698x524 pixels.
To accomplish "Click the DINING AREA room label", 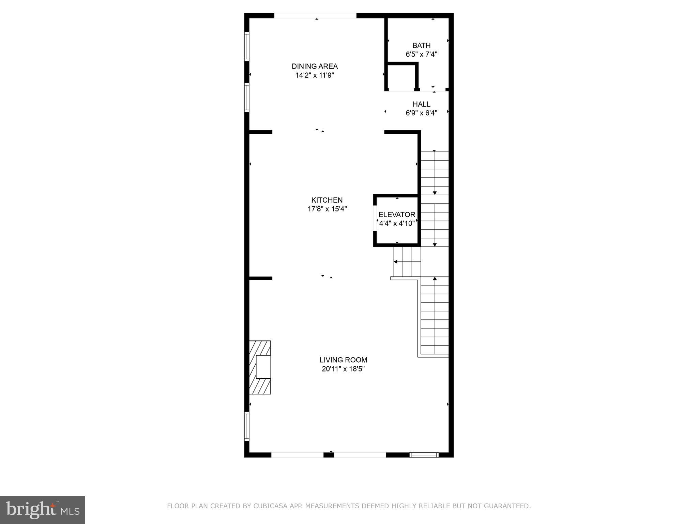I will (x=315, y=66).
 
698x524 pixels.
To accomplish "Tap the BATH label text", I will (x=421, y=45).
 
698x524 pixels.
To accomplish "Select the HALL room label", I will (x=421, y=104).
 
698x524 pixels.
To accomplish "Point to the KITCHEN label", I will (x=327, y=200).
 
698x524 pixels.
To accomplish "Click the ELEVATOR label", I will (x=397, y=215).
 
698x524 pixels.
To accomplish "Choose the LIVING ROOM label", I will (x=343, y=360).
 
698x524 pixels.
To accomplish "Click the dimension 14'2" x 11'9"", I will (x=315, y=75).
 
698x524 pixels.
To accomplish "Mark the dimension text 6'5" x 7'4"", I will (x=421, y=54).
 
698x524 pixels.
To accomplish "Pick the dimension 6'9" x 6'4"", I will (x=421, y=113).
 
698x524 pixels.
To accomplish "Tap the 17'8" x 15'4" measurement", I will (x=327, y=209).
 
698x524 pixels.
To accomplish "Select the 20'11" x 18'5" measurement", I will (x=343, y=369).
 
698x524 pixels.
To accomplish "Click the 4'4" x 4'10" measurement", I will (x=397, y=223).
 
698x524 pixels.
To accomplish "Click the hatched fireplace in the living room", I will (x=260, y=367).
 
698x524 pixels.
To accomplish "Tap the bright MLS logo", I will (x=43, y=510).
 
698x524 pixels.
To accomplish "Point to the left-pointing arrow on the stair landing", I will (x=396, y=262).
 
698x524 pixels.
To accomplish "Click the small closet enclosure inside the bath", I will (x=401, y=77).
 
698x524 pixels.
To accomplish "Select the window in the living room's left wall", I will (x=247, y=426).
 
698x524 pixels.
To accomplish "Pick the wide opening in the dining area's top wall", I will (x=315, y=16).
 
